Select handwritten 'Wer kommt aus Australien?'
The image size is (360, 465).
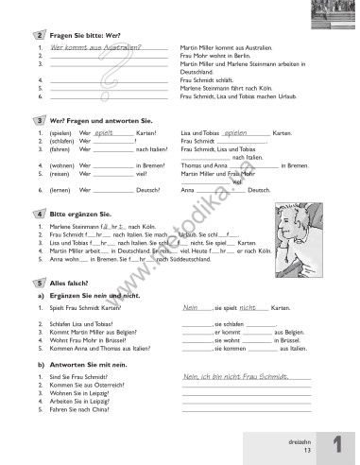pos(95,47)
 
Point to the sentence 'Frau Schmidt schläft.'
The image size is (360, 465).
pos(210,81)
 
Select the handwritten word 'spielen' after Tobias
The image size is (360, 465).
pos(242,133)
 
